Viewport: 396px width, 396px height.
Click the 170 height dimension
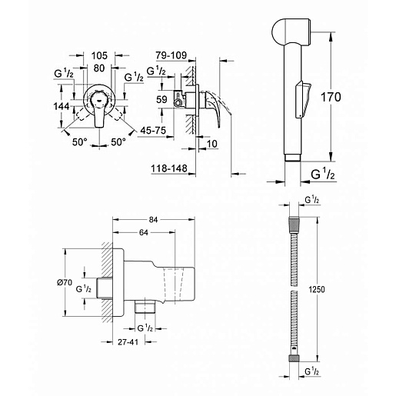(331, 97)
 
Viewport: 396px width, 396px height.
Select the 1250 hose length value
(317, 289)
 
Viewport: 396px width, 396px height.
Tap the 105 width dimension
(99, 55)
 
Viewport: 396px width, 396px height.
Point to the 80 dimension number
(99, 68)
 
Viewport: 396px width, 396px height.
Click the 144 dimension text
(62, 106)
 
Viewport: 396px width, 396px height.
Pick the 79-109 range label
(171, 55)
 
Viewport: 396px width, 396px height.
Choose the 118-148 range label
(169, 168)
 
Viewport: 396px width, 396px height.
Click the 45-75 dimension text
(153, 131)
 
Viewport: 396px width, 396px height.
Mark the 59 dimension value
(161, 99)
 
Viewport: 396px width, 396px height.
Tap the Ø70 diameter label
(65, 282)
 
